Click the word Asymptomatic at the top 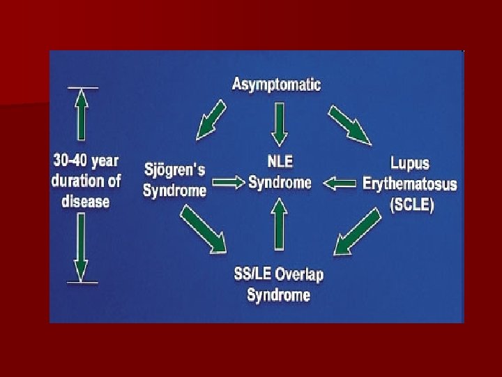(276, 85)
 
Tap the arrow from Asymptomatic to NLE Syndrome (280, 123)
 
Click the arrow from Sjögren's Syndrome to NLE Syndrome (229, 182)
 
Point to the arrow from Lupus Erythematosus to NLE (340, 184)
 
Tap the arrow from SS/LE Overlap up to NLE (280, 223)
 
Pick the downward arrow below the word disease (82, 248)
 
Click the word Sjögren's (174, 170)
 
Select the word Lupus (410, 165)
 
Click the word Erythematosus (410, 184)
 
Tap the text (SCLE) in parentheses (410, 206)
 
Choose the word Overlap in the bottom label (298, 274)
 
